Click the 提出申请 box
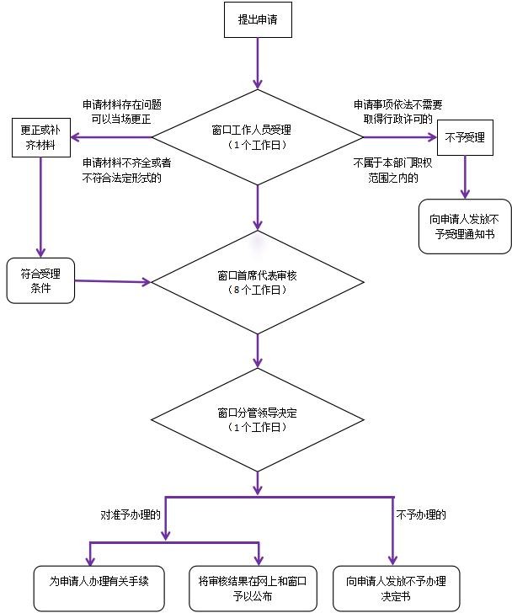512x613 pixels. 258,19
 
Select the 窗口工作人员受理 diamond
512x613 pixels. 258,137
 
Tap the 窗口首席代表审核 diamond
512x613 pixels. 258,282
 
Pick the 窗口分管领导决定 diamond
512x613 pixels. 258,420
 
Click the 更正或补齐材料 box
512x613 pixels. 41,137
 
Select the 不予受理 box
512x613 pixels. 465,137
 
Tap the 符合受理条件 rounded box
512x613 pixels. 40,280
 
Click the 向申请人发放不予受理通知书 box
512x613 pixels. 465,227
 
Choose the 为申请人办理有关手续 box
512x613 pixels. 99,589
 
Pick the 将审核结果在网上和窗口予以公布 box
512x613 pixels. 253,589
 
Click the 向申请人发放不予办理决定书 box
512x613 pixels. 396,589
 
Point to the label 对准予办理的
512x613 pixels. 131,514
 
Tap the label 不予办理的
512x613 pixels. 421,514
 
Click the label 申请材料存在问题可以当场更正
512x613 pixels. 122,112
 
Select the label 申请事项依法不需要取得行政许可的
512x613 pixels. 397,112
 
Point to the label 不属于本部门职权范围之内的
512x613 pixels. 392,170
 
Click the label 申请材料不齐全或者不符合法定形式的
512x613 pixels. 126,170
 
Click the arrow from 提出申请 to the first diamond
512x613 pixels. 258,63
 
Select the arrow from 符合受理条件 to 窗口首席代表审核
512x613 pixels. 113,281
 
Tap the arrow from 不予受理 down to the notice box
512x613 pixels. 465,177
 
